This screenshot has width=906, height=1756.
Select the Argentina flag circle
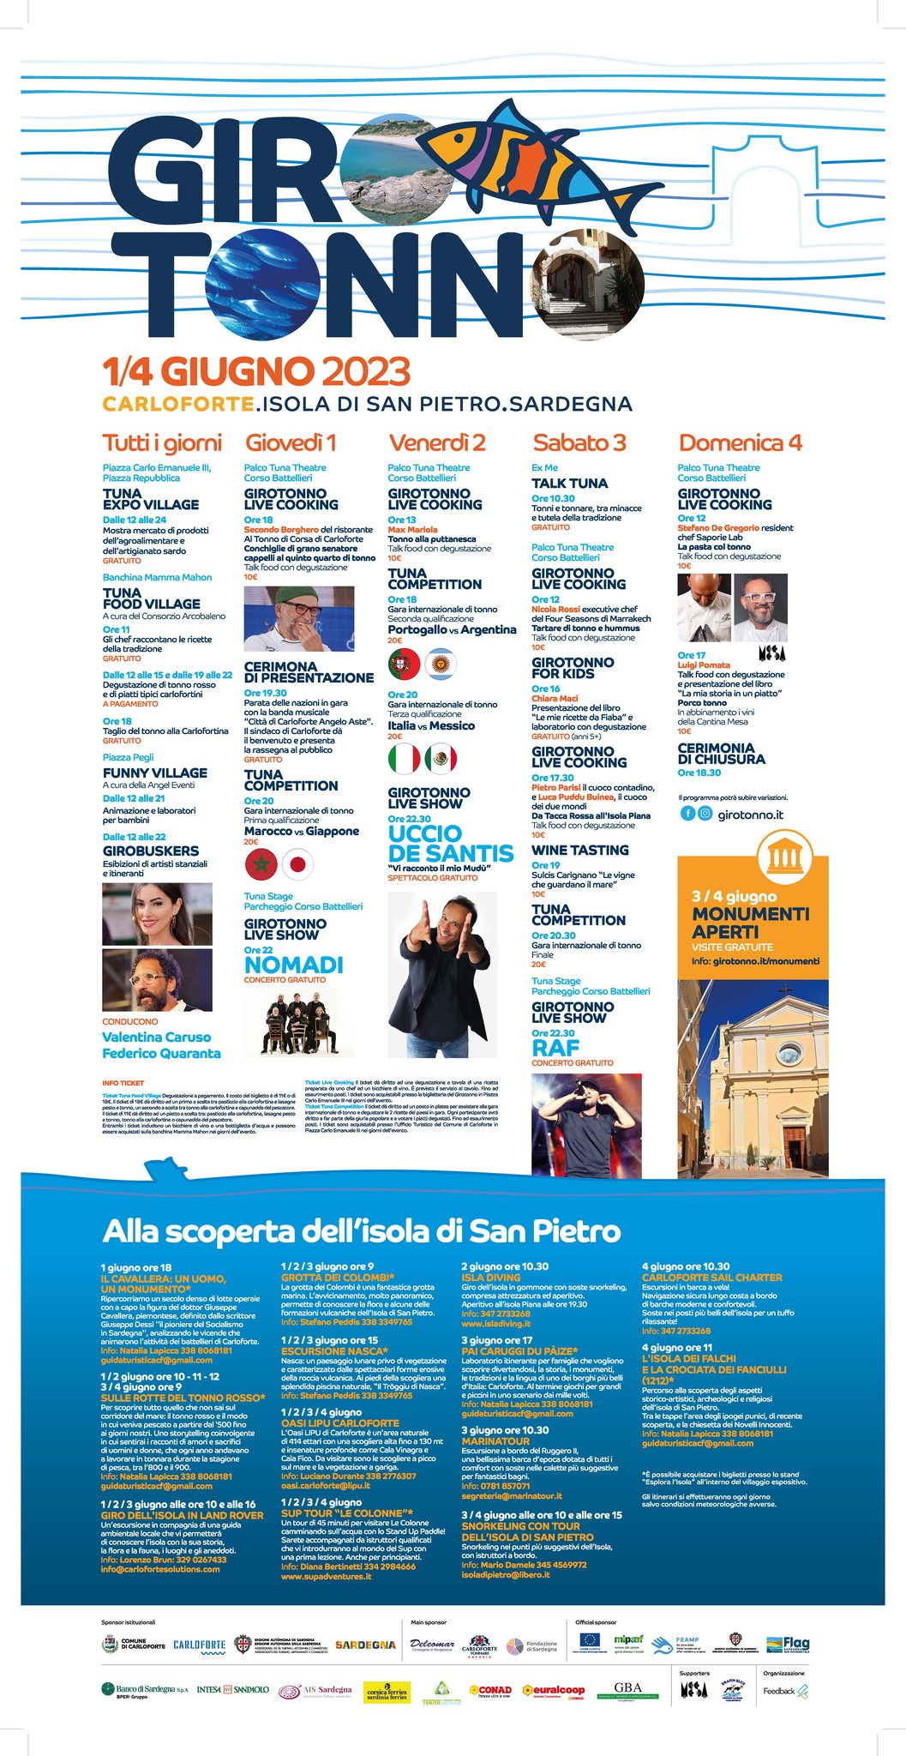441,664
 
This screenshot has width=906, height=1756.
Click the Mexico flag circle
441,759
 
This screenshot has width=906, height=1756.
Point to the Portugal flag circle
404,664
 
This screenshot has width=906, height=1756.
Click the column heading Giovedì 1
291,442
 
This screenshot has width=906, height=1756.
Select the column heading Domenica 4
740,442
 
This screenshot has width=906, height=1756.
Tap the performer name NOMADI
293,965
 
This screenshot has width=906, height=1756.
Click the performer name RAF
555,1048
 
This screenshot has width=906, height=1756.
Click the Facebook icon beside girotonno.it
687,814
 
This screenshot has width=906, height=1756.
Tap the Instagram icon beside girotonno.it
705,814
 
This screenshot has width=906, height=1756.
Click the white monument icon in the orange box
780,855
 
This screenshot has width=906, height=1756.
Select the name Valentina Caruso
156,1037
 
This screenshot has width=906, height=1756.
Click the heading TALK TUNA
569,484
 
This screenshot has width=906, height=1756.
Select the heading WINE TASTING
579,850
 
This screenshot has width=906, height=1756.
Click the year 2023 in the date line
366,371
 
